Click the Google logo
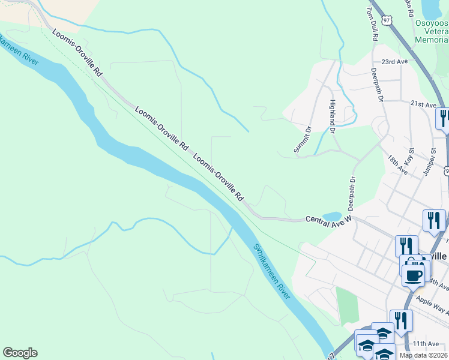click(x=20, y=353)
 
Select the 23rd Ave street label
click(x=394, y=62)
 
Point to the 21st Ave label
click(x=424, y=104)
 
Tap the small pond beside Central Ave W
click(x=331, y=216)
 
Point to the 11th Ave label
click(x=426, y=344)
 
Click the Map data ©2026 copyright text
click(x=423, y=355)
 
